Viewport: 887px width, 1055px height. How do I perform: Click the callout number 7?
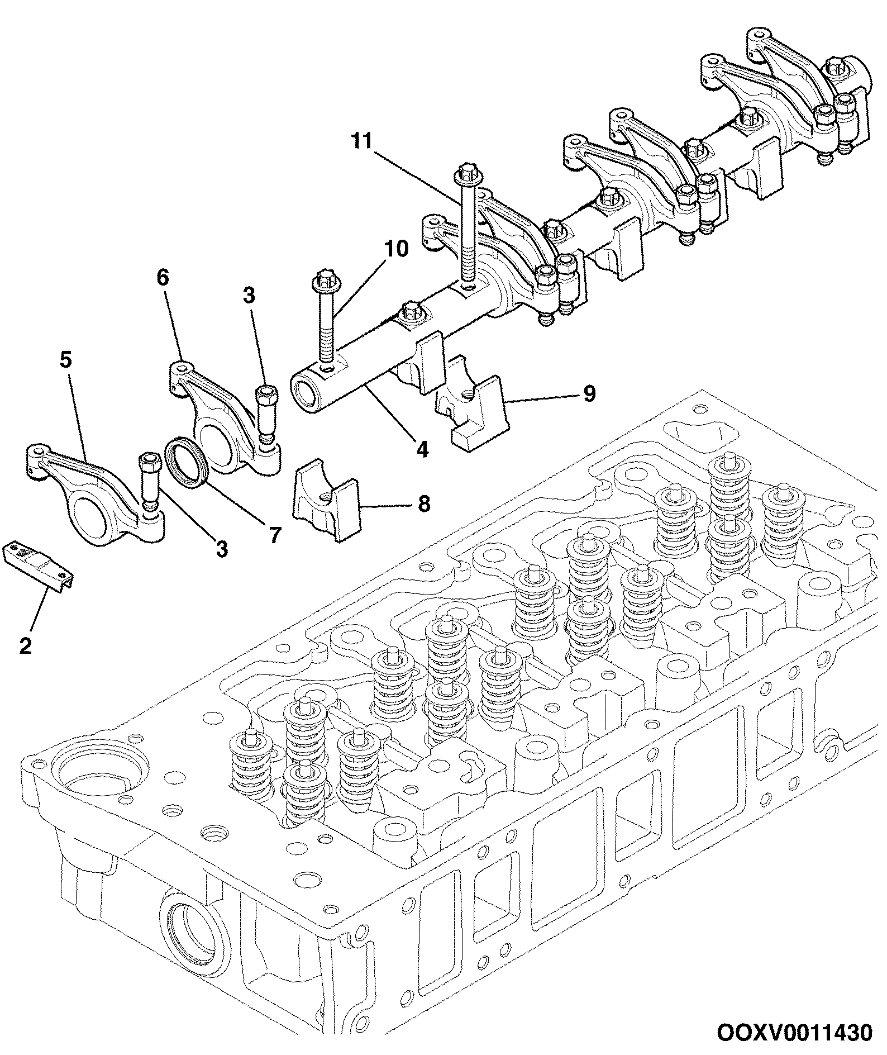point(274,534)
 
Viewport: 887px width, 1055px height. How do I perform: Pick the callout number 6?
point(163,278)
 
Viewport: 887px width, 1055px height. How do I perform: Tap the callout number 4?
point(423,449)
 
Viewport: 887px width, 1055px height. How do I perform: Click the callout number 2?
point(26,646)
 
